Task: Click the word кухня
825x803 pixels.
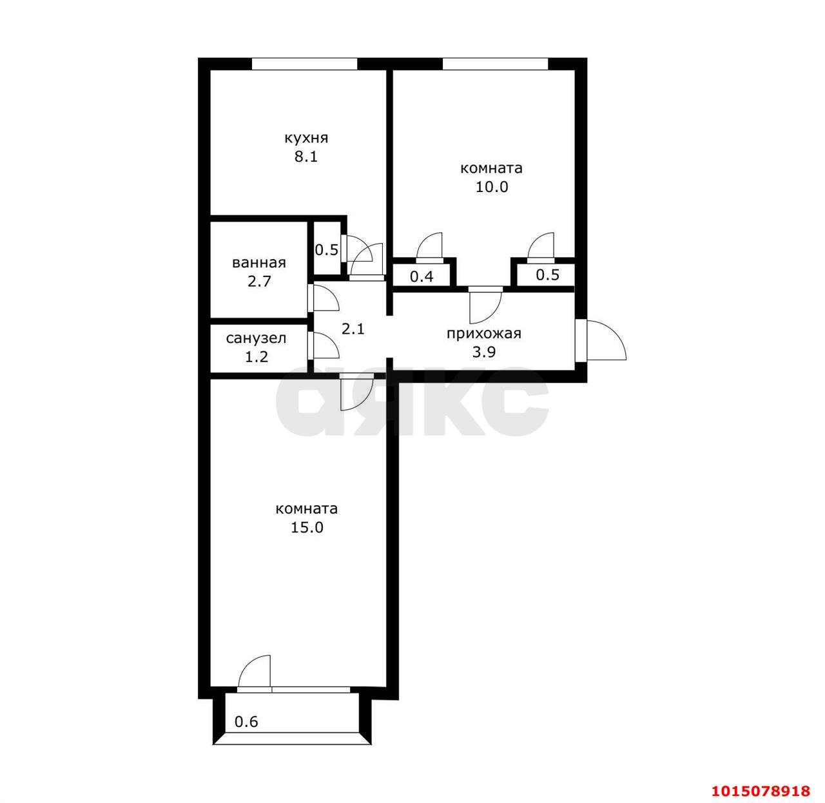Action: pyautogui.click(x=306, y=138)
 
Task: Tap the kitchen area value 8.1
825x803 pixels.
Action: pyautogui.click(x=306, y=157)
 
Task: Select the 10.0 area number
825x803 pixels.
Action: pyautogui.click(x=491, y=187)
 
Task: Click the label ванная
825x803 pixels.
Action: pyautogui.click(x=259, y=263)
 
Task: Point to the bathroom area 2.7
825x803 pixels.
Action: pyautogui.click(x=259, y=282)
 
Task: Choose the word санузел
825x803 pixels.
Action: pyautogui.click(x=256, y=338)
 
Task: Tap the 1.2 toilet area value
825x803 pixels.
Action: pyautogui.click(x=257, y=356)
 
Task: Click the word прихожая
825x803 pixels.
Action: pyautogui.click(x=484, y=334)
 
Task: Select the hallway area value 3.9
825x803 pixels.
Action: pyautogui.click(x=484, y=352)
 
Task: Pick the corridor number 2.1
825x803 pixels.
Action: pyautogui.click(x=353, y=329)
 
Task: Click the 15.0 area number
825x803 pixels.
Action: pyautogui.click(x=307, y=527)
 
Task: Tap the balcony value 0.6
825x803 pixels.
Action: pyautogui.click(x=246, y=722)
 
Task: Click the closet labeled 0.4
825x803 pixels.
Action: pyautogui.click(x=422, y=276)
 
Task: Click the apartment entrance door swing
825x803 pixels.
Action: pyautogui.click(x=600, y=340)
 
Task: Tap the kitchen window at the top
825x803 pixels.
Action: pyautogui.click(x=304, y=64)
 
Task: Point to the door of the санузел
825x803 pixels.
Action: pyautogui.click(x=324, y=345)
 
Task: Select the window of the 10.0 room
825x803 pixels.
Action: pyautogui.click(x=495, y=64)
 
